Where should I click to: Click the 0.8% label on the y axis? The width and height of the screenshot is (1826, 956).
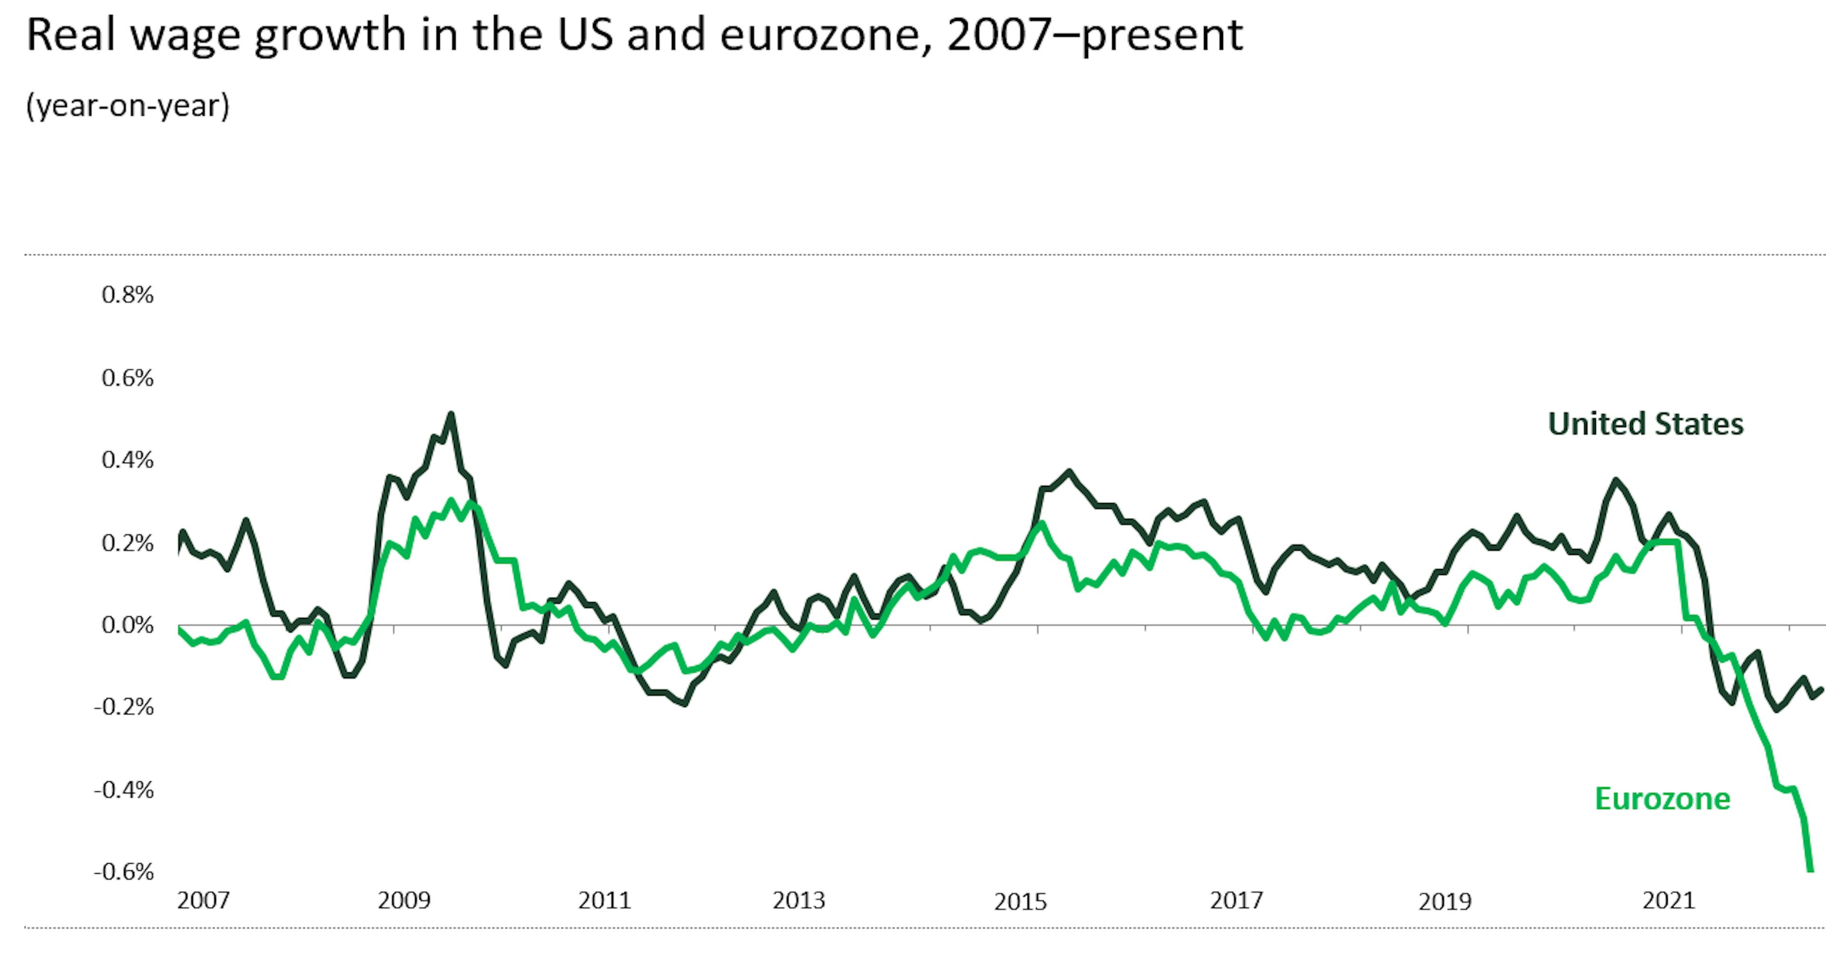click(x=127, y=294)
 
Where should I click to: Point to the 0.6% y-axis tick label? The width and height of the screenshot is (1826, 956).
click(x=127, y=377)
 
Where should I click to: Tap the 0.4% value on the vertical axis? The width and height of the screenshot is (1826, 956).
click(x=127, y=460)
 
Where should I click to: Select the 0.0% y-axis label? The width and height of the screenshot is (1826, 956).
click(x=127, y=625)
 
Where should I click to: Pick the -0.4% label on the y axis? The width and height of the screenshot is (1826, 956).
click(x=124, y=789)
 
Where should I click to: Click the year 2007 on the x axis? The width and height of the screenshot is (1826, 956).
click(x=204, y=900)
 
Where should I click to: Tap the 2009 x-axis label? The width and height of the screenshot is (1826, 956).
click(x=404, y=900)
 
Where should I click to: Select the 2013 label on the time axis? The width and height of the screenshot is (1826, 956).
click(x=799, y=900)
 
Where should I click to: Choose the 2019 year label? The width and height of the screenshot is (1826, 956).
click(x=1445, y=901)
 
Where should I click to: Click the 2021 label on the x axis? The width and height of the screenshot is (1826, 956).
click(x=1669, y=900)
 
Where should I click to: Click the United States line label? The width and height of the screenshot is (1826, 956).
click(x=1645, y=424)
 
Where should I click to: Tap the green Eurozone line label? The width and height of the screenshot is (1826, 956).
click(x=1662, y=798)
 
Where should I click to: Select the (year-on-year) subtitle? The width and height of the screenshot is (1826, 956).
click(x=127, y=105)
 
